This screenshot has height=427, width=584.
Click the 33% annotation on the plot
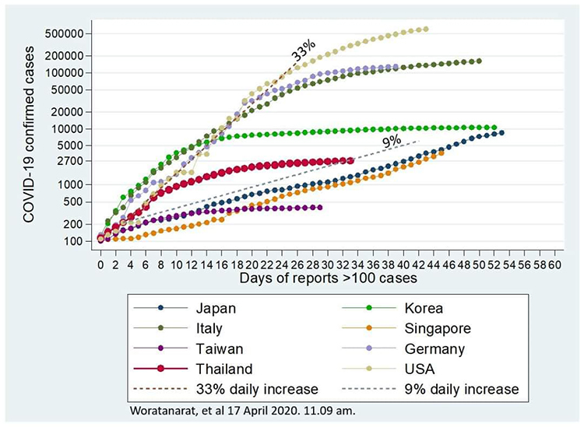tap(303, 52)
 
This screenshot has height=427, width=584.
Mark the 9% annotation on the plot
tap(390, 141)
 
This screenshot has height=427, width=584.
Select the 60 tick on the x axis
tap(554, 264)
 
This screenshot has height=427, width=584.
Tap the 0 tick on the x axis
tap(100, 264)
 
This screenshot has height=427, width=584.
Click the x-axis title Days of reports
tap(327, 278)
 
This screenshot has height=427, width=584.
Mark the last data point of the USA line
tap(425, 30)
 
